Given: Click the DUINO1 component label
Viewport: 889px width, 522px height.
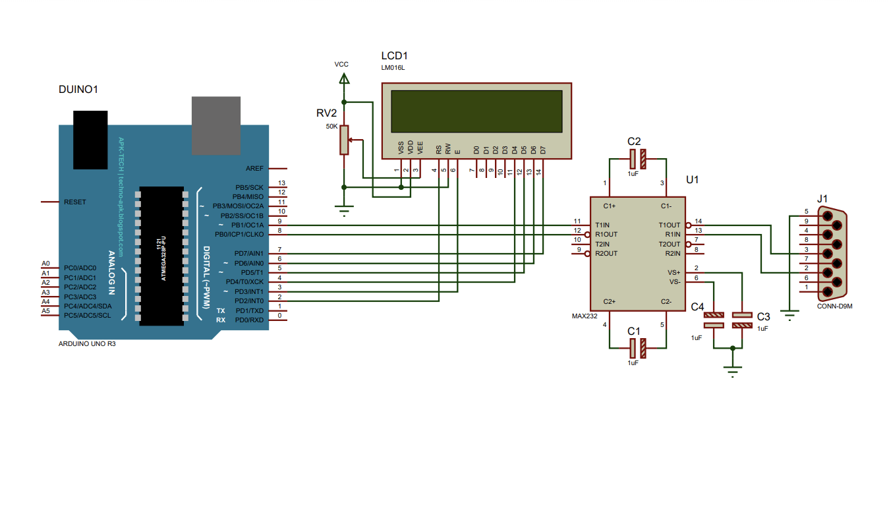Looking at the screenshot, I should (x=78, y=90).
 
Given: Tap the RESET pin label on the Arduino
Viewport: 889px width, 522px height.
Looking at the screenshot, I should (x=74, y=202).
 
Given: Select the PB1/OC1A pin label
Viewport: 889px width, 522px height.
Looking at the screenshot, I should (x=247, y=225).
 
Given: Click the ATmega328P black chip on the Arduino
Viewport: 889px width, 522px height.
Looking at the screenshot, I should (x=161, y=256).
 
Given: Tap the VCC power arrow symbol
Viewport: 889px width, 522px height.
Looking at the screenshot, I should (x=343, y=78).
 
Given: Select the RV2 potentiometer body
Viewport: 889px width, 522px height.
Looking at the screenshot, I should (x=343, y=140).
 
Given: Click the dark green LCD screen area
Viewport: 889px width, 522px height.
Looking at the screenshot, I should (x=476, y=111).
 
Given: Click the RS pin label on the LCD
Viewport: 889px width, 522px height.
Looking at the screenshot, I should (x=438, y=150).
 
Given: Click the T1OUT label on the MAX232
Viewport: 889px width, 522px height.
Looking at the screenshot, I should (x=669, y=225).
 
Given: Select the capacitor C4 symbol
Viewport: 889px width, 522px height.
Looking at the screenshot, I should (x=714, y=320).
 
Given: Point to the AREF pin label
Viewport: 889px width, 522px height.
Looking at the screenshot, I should (x=254, y=168).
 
